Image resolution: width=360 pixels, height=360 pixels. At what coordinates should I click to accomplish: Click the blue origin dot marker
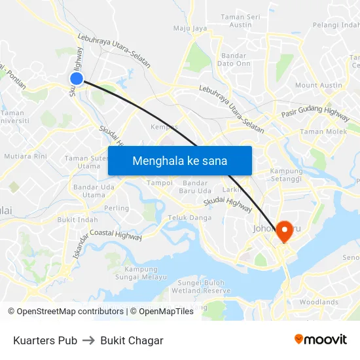[77, 79]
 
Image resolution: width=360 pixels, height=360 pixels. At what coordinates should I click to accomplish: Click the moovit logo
[321, 340]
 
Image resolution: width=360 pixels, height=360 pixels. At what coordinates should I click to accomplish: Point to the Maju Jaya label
[190, 28]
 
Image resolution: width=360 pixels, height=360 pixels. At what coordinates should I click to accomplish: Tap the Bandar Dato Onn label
[234, 60]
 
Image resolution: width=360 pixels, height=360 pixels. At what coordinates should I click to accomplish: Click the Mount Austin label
[319, 85]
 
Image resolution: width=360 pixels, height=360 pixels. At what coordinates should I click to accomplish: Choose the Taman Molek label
[323, 132]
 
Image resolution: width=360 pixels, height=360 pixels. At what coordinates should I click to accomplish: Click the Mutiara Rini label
[26, 156]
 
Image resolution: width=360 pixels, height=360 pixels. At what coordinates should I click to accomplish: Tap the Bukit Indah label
[77, 220]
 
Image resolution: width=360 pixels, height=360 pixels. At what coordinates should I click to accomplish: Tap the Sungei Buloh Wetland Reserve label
[204, 287]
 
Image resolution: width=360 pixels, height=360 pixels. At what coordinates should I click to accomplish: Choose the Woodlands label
[319, 302]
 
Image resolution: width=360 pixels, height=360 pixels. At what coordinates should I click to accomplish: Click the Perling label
[117, 208]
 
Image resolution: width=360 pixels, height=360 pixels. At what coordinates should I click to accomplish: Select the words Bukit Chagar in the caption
[132, 340]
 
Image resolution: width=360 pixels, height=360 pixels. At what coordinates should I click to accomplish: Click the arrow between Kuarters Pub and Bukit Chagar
[88, 340]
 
